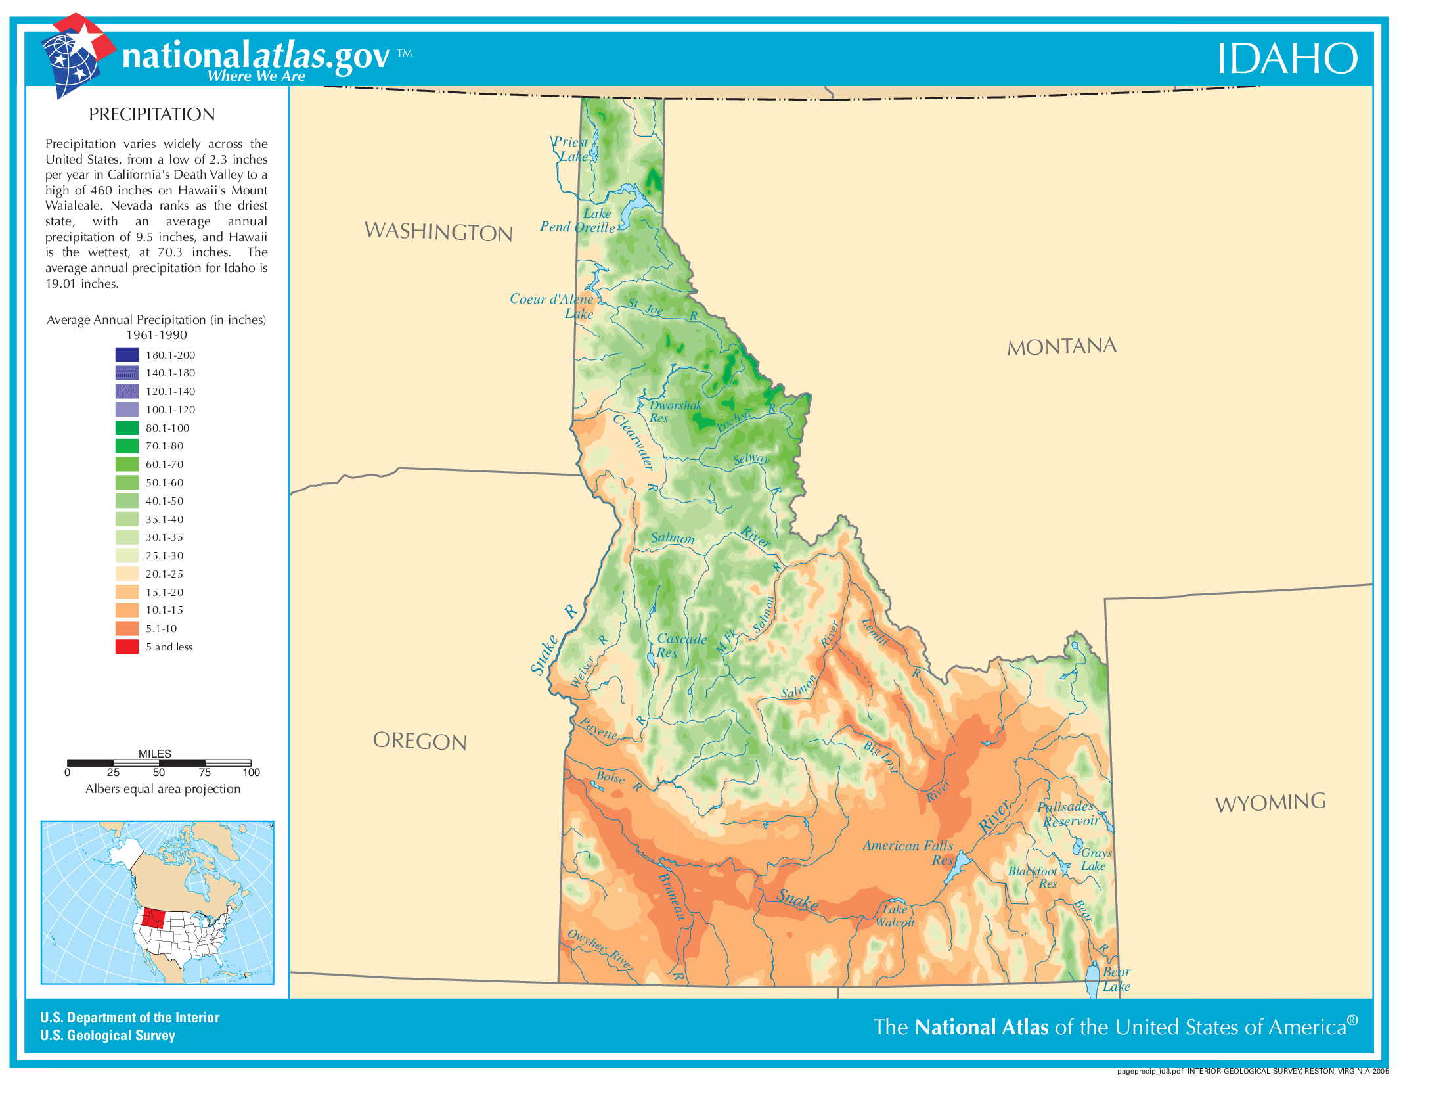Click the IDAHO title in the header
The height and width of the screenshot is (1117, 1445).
[1286, 58]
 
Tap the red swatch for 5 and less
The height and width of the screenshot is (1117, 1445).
[126, 647]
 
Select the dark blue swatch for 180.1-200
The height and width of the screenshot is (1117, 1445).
[126, 355]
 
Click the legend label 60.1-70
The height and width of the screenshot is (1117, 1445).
[164, 465]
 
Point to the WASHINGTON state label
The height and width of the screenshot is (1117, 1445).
[438, 231]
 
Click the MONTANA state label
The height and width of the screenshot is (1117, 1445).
[1061, 346]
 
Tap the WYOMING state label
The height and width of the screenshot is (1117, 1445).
[1270, 803]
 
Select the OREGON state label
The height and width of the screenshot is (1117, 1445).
[420, 741]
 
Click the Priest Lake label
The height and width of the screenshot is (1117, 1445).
[571, 150]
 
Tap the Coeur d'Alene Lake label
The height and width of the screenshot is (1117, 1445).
[552, 306]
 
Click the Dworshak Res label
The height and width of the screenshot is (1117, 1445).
[673, 411]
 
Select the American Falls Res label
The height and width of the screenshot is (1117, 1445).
[908, 852]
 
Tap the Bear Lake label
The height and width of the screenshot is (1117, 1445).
[1116, 979]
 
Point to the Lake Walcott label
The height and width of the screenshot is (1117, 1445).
[895, 916]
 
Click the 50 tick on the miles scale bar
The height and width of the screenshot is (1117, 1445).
[159, 772]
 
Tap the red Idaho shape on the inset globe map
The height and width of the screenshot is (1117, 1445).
[154, 917]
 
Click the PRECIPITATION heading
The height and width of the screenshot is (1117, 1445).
[152, 114]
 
